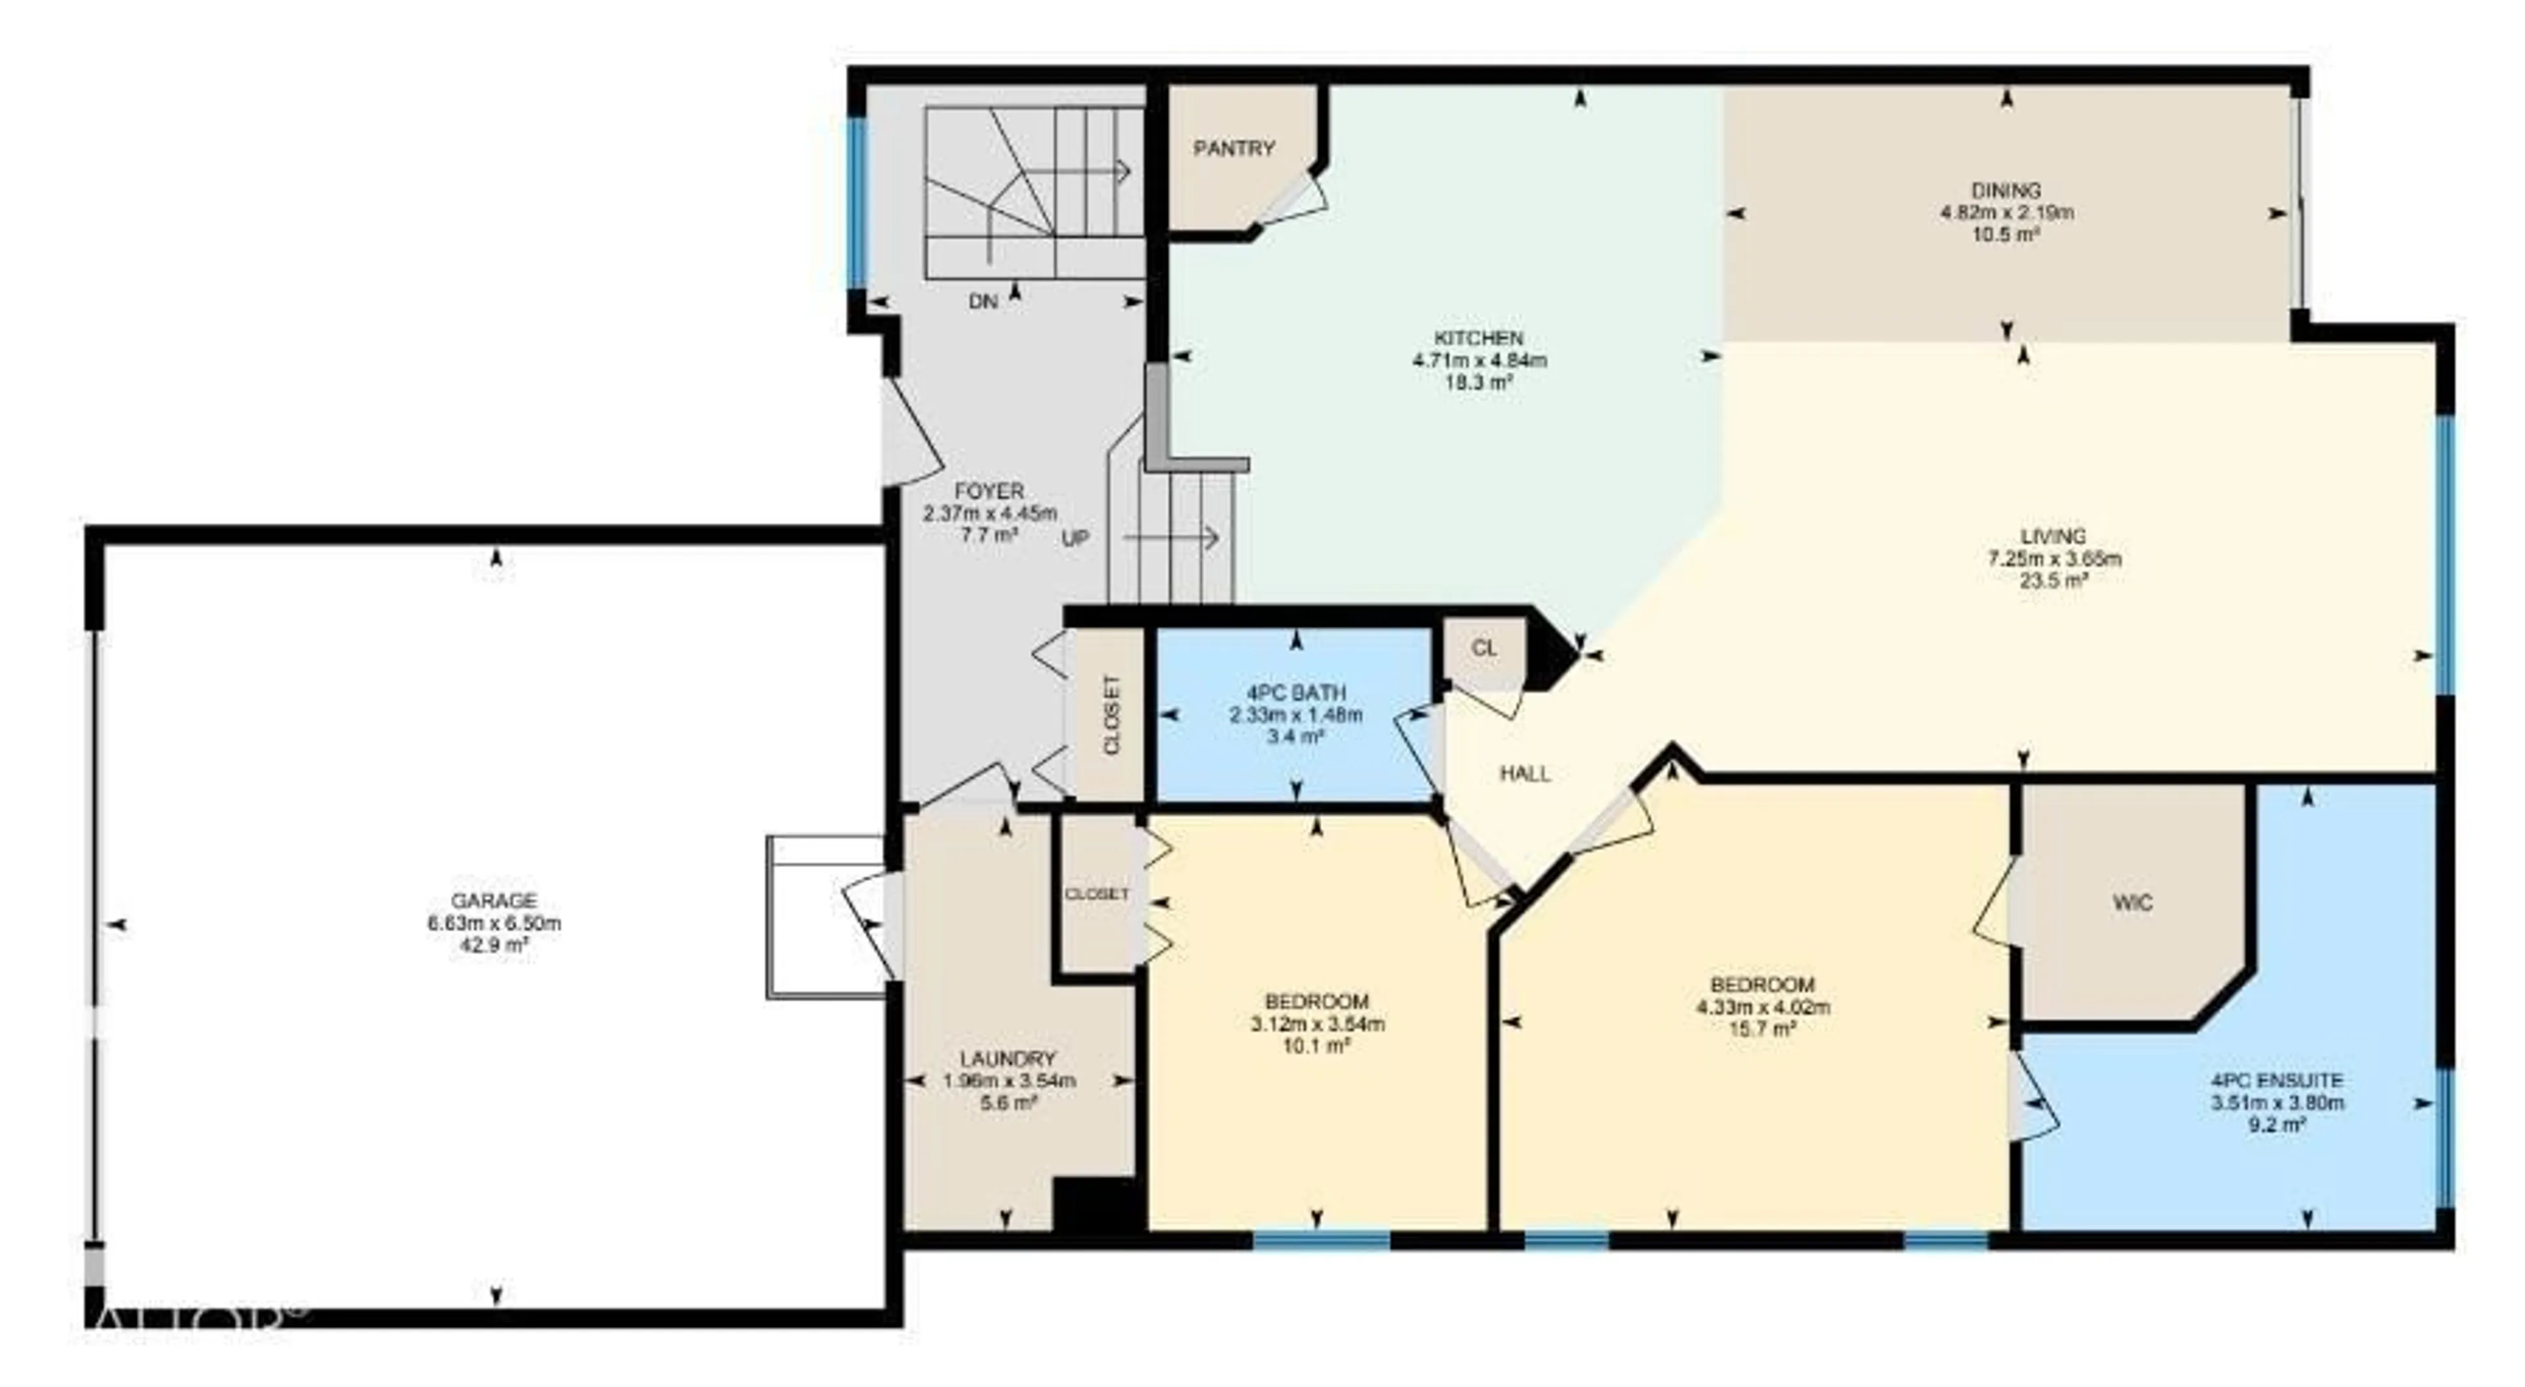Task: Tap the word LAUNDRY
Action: coord(1007,1058)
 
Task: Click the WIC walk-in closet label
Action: coord(2133,902)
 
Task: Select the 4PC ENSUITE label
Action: coord(2276,1080)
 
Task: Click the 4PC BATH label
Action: coord(1296,692)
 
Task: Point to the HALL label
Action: coord(1526,774)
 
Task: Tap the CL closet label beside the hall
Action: coord(1484,649)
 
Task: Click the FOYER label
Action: coord(989,491)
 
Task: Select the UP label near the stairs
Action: coord(1075,538)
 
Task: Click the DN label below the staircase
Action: coord(982,302)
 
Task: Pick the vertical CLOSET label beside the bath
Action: coord(1111,715)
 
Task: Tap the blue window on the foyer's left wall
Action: coord(857,203)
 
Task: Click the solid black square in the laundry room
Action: coord(1098,1204)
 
